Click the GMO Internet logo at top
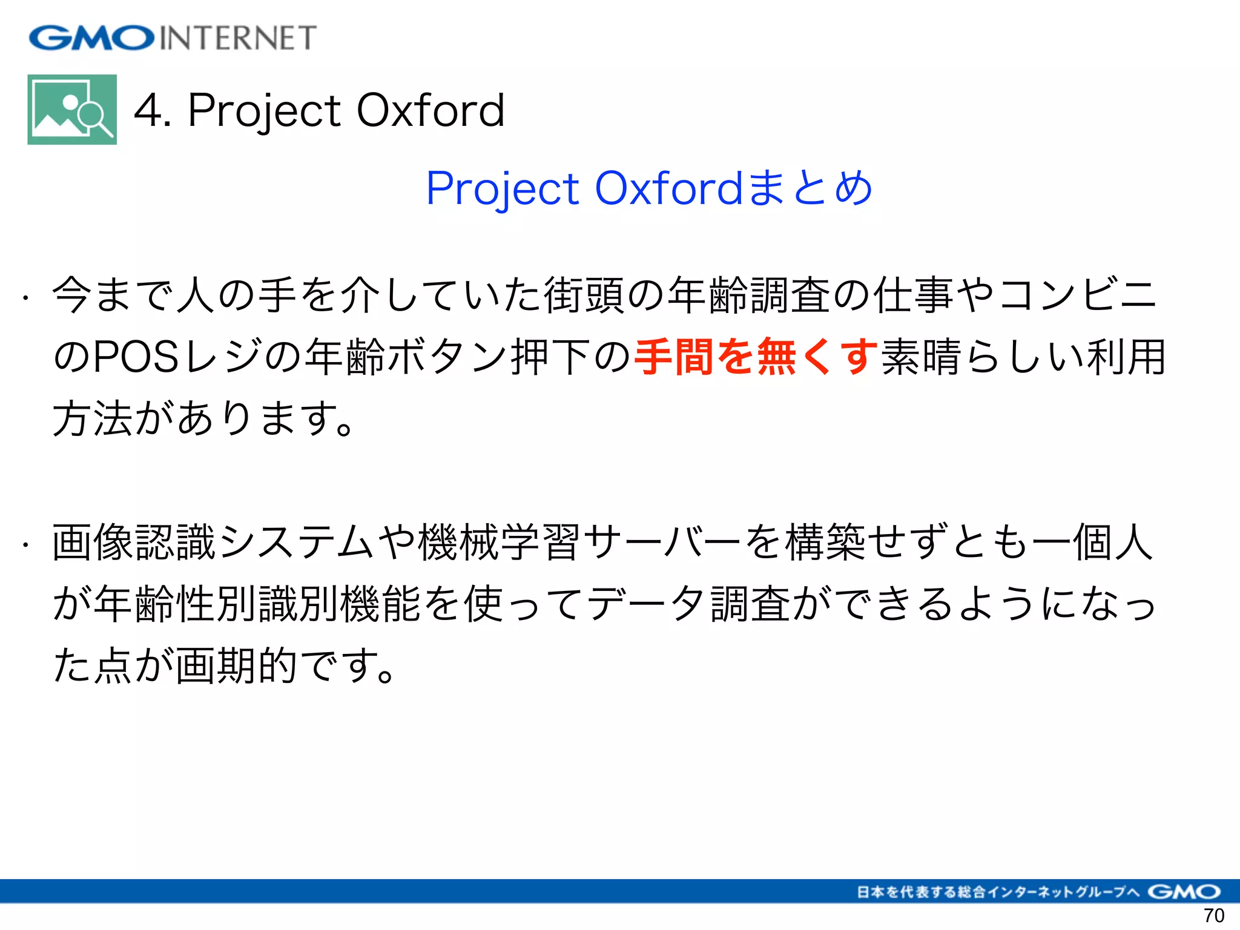[x=173, y=38]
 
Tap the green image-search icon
[x=72, y=110]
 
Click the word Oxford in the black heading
[x=430, y=111]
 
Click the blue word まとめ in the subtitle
[x=810, y=188]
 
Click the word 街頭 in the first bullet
[x=584, y=295]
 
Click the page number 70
[x=1214, y=916]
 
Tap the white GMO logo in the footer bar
[x=1184, y=892]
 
